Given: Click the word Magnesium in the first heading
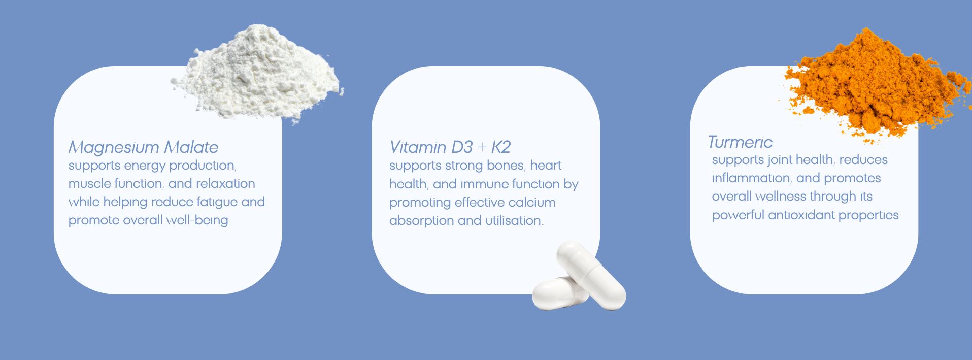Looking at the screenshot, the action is tap(114, 148).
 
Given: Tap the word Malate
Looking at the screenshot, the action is tap(191, 147).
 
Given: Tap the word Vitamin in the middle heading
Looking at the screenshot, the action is tap(418, 147).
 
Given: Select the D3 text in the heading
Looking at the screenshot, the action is tap(462, 147).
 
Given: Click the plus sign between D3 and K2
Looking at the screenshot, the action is tap(482, 148).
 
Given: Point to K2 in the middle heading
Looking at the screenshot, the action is tap(501, 147).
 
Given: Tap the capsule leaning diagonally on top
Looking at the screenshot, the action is tap(591, 275).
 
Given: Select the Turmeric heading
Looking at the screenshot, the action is tap(740, 142).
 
